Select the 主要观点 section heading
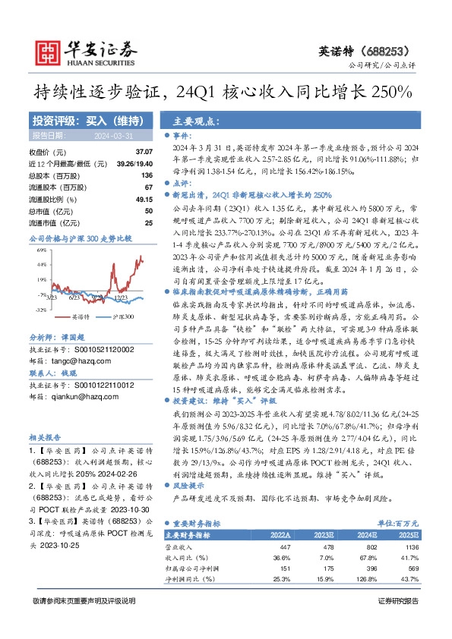click(x=191, y=121)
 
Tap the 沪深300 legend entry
click(x=122, y=316)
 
